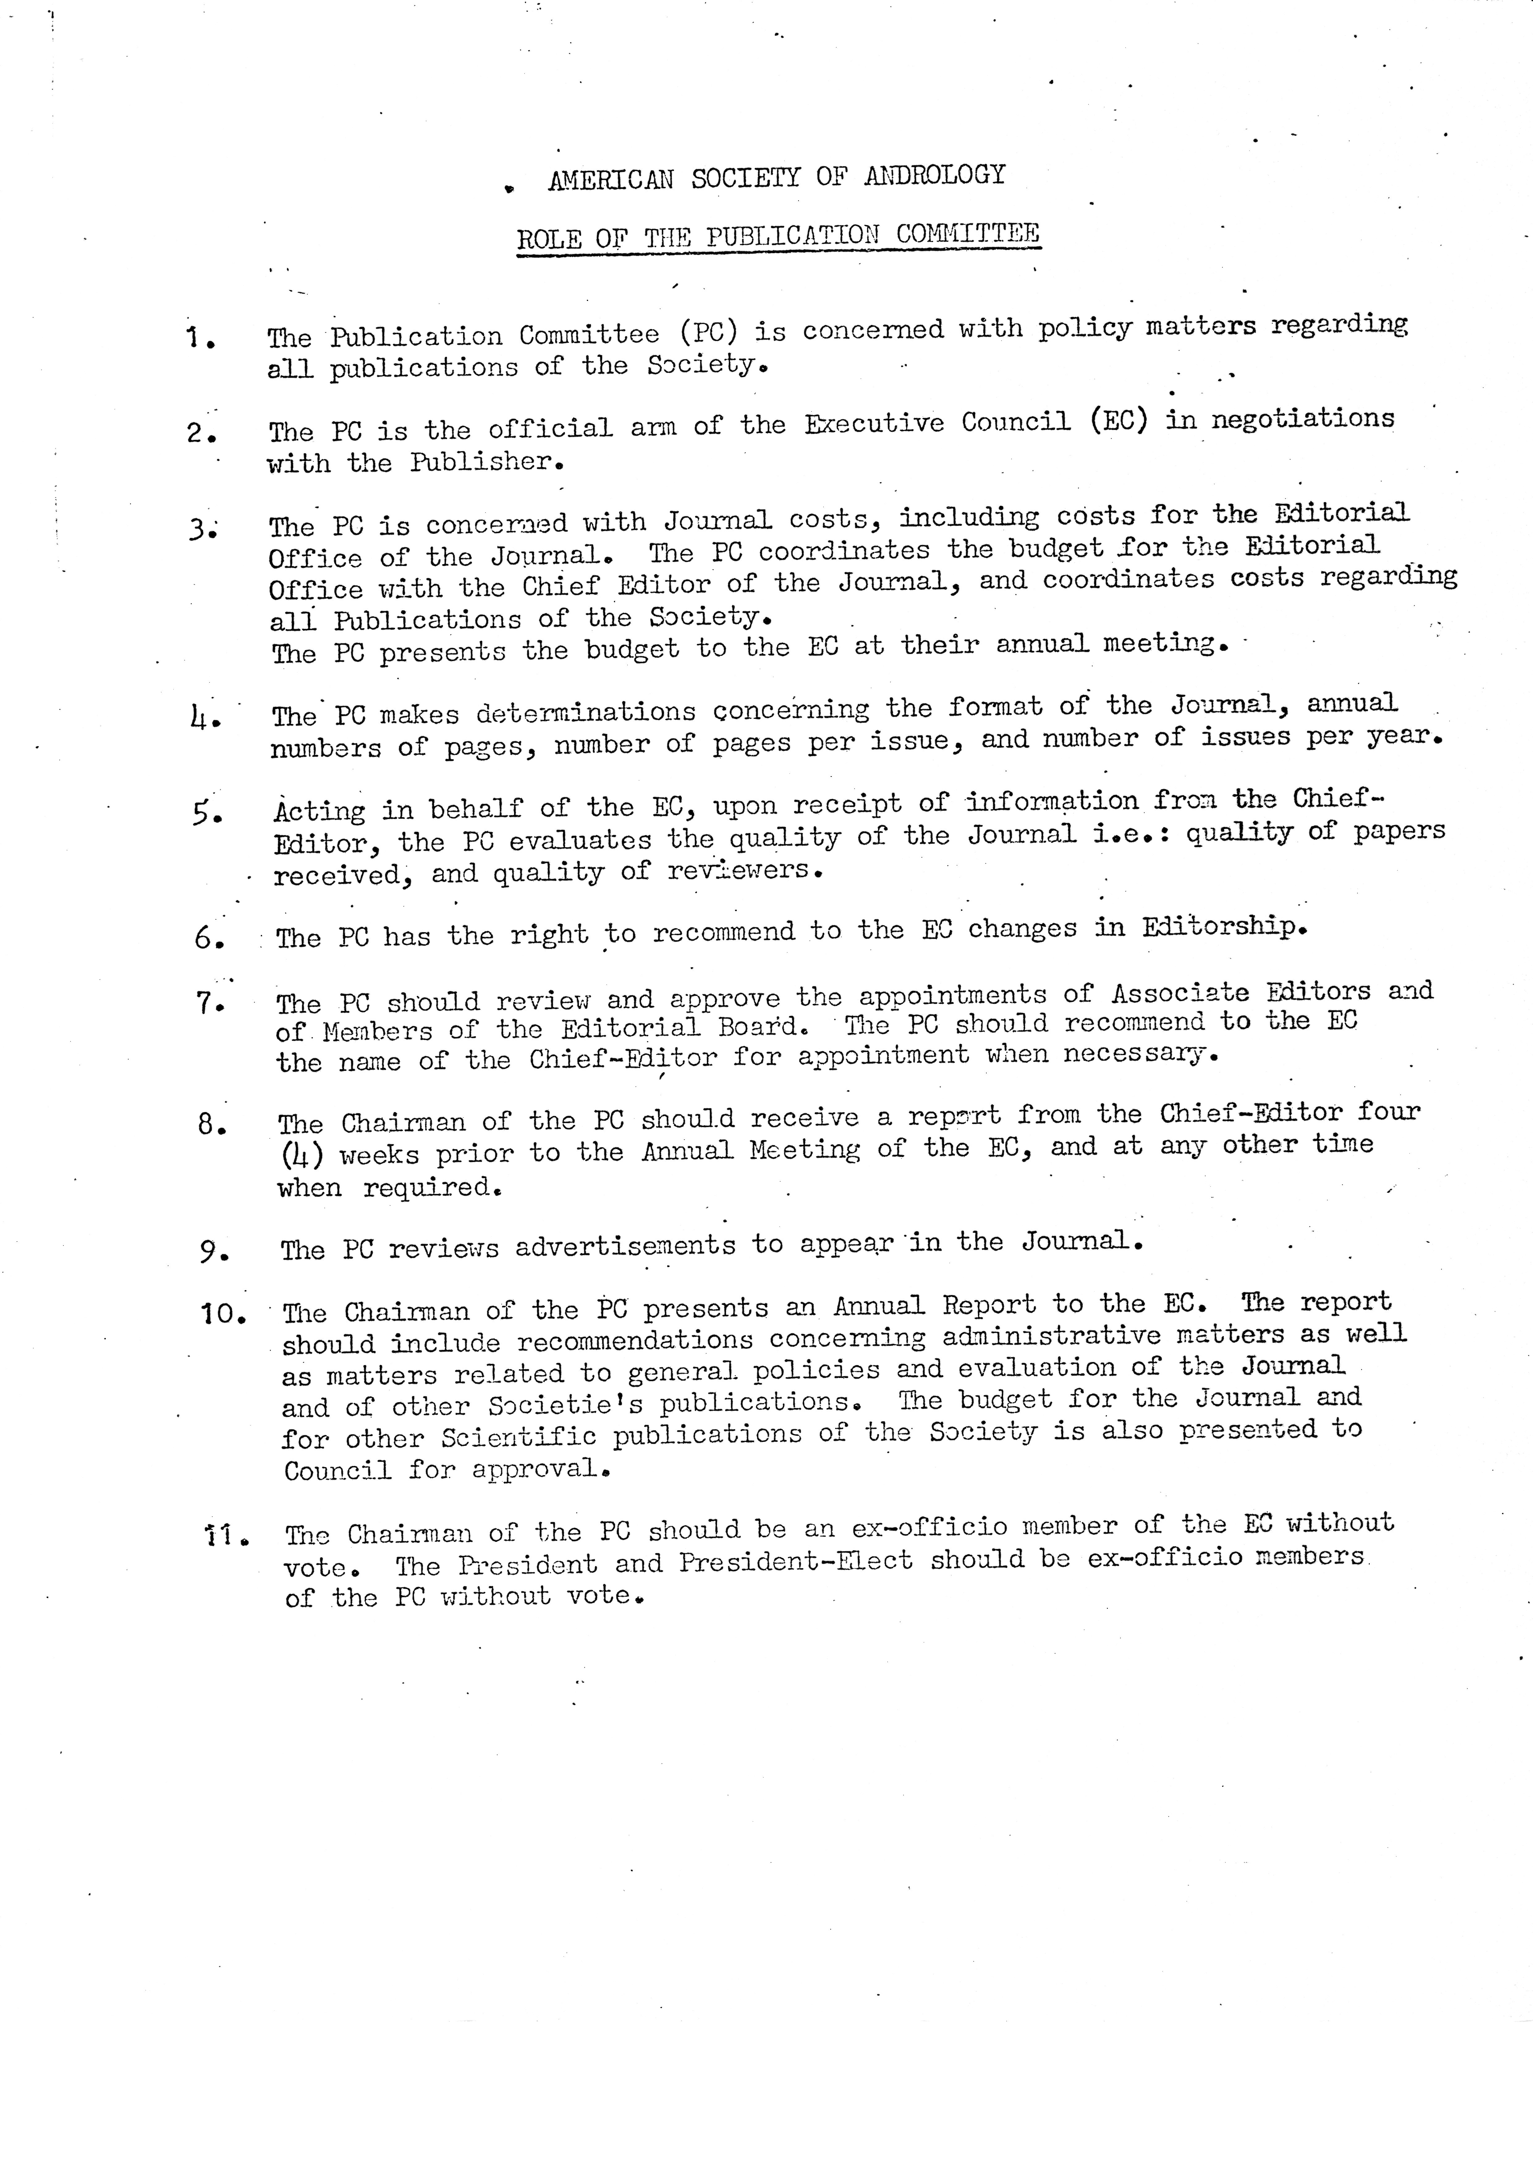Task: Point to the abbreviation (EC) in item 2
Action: tap(1118, 420)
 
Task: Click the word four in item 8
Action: tap(1388, 1112)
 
